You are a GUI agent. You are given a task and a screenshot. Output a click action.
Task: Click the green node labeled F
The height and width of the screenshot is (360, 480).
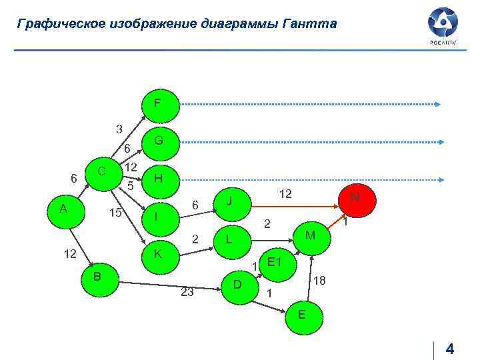coord(157,105)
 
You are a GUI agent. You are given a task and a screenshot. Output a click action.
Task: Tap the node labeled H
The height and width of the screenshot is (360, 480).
coord(158,179)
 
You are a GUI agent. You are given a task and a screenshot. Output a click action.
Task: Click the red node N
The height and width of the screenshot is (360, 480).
coord(355,198)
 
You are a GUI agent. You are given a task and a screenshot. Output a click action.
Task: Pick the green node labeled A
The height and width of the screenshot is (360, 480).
coord(63,209)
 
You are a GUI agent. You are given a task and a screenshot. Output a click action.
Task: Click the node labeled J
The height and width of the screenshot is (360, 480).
coord(229,200)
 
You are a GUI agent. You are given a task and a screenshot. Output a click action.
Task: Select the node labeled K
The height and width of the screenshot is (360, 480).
coord(158,255)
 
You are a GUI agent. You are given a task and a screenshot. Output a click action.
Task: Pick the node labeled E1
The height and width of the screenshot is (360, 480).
coord(274,261)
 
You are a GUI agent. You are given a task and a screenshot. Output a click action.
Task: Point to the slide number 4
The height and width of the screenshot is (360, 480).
coord(449,349)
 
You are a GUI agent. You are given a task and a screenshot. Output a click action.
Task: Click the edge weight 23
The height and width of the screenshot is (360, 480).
coord(187,291)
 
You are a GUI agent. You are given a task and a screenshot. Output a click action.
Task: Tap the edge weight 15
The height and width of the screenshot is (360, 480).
coord(115,213)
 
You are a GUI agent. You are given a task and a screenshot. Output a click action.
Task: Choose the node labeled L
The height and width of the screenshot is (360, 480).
coord(229,238)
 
